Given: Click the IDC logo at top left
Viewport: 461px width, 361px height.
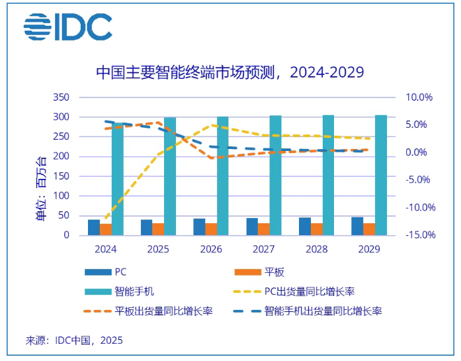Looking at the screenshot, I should point(67,26).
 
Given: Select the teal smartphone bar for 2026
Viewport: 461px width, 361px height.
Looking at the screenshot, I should point(223,176).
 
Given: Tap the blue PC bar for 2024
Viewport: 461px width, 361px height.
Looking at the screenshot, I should point(94,227).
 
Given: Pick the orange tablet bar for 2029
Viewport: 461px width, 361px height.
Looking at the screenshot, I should point(369,229).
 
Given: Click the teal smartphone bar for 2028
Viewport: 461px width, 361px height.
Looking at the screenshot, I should point(328,176).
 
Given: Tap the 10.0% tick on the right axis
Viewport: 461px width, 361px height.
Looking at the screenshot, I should point(419,97).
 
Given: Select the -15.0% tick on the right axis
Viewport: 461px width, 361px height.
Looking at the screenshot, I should point(418,235).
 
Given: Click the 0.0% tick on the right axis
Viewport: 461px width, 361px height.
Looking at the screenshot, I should point(421,152).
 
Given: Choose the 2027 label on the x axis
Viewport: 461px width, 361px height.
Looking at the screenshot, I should point(263,250).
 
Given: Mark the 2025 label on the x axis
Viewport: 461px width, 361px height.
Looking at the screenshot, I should point(158,250).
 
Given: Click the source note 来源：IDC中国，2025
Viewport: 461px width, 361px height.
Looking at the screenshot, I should point(74,340).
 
